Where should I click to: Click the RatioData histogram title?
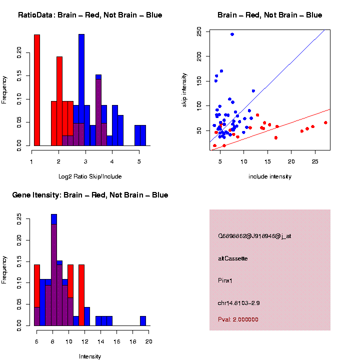tap(90, 15)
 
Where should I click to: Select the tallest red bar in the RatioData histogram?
tap(37, 90)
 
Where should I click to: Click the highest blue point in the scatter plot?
tap(232, 34)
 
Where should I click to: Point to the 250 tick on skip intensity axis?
tap(199, 32)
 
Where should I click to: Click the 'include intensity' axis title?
tap(270, 176)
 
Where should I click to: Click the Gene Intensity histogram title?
tap(90, 195)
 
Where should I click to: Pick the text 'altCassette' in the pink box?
tap(233, 258)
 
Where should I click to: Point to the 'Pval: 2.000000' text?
tap(238, 319)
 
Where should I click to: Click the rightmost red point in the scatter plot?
tap(325, 122)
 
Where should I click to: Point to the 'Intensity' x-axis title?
tap(90, 356)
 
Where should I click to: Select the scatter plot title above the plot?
tap(270, 15)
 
